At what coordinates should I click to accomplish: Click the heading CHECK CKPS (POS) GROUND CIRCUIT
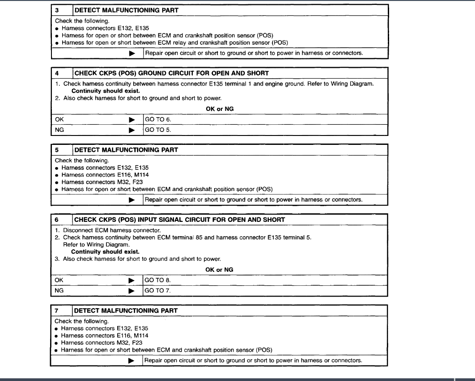tap(171, 73)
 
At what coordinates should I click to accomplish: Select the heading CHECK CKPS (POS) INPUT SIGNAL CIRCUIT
tap(179, 220)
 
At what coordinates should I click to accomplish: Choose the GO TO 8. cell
tap(157, 280)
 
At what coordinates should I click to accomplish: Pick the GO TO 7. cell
tap(157, 291)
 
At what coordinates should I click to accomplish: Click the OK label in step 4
tap(59, 120)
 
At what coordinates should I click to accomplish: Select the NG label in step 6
tap(59, 291)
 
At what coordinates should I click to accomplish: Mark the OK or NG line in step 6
tap(219, 270)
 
